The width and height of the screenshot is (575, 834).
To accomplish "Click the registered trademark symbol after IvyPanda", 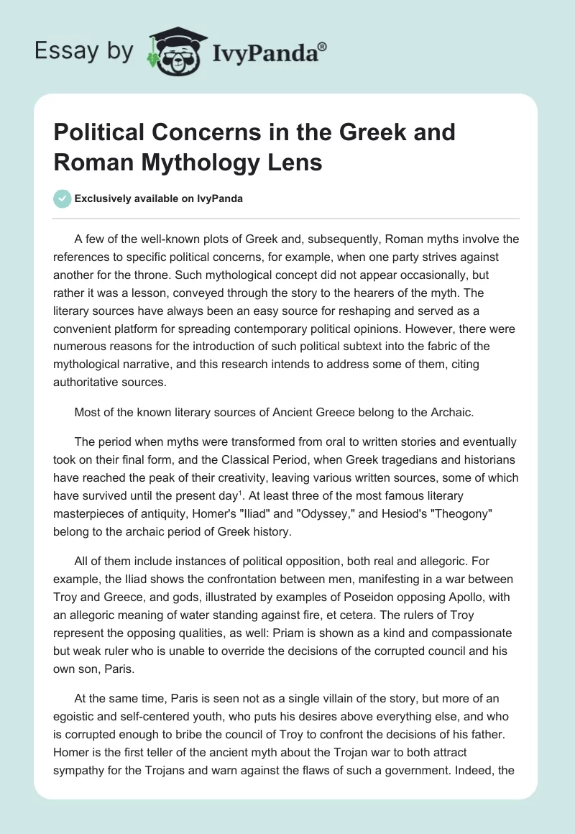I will click(x=323, y=45).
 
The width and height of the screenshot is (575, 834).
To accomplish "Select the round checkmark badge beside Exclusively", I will click(x=63, y=199).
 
